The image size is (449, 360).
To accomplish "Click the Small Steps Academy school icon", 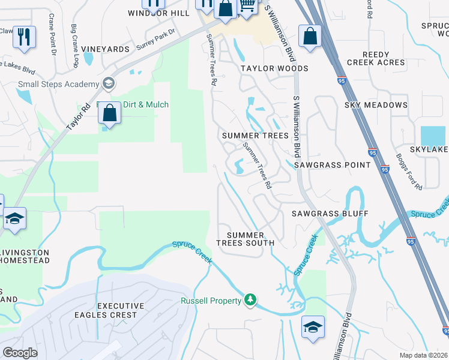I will tap(109, 83).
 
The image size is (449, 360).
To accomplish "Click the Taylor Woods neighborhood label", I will tap(274, 68).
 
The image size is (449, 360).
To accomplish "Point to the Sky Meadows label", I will tap(376, 105).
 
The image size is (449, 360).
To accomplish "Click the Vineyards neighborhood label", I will tap(106, 49).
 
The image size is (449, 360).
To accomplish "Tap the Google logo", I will tap(20, 353).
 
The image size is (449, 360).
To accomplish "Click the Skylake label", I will tap(429, 148).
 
